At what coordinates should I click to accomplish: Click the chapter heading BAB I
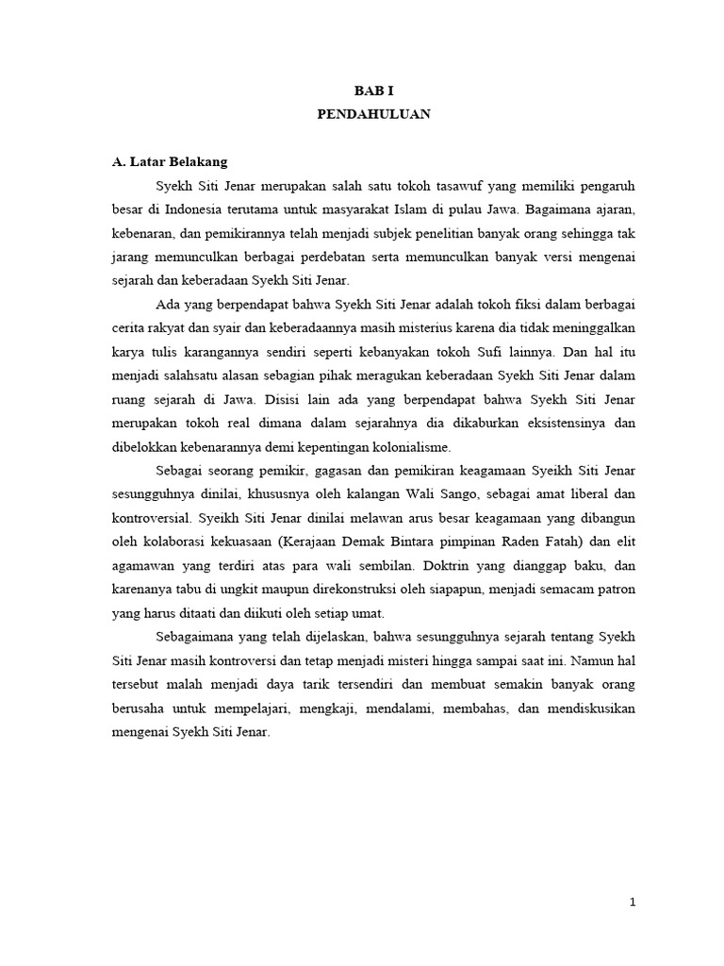[x=372, y=91]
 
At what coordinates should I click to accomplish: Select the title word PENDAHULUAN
[x=372, y=113]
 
